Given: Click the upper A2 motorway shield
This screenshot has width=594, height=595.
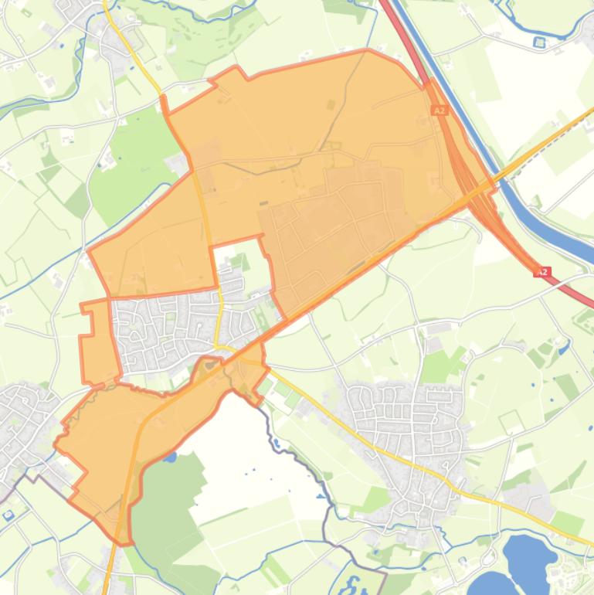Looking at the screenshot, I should click(440, 110).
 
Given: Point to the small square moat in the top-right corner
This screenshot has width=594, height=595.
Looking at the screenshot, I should click(539, 42).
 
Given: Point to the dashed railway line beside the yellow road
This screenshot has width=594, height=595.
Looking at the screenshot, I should click(541, 155).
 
